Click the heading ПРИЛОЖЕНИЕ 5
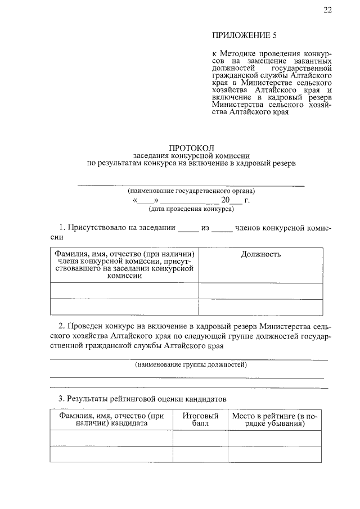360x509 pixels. click(245, 35)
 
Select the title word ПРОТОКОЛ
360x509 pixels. click(191, 147)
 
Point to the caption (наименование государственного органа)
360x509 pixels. click(191, 191)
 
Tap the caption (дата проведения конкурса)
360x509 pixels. click(191, 209)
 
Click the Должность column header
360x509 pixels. click(260, 254)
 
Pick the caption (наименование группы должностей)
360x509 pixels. click(191, 365)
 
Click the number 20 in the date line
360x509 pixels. click(226, 200)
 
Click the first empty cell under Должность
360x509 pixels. click(260, 291)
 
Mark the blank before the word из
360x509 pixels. click(188, 229)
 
